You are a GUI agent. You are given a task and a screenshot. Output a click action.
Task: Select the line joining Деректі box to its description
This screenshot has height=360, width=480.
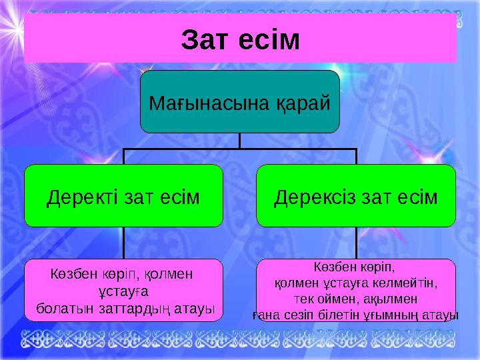(123, 243)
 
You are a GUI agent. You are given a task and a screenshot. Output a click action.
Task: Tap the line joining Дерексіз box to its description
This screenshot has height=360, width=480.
(357, 243)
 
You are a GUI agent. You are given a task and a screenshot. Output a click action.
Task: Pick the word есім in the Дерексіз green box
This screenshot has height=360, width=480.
(417, 197)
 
